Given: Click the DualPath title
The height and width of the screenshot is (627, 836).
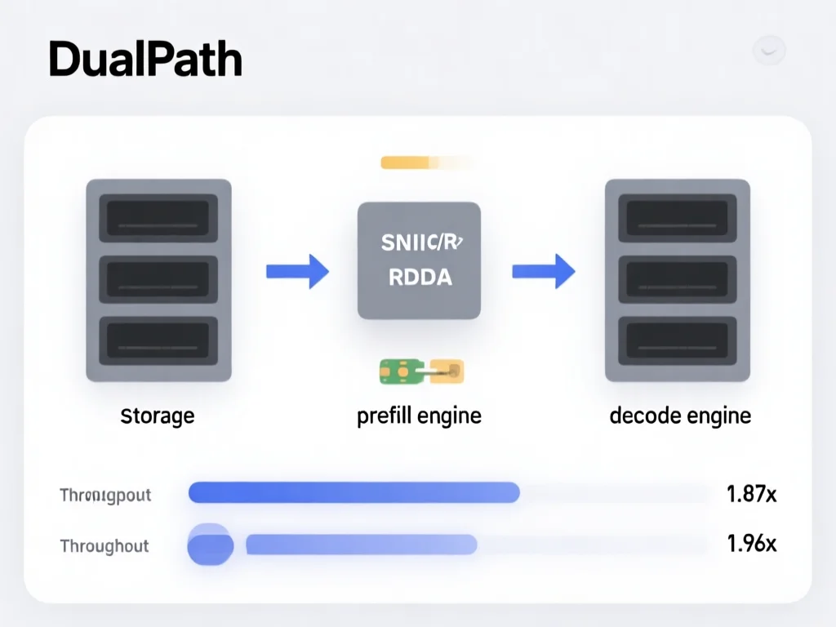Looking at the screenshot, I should pos(145,61).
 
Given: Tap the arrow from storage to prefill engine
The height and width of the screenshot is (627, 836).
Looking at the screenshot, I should pos(297,271).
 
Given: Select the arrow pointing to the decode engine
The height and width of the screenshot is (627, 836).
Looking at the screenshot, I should pos(543,271).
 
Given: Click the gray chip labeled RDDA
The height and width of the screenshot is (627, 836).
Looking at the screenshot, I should pos(419,260).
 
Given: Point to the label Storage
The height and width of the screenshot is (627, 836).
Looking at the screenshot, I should pos(158,416).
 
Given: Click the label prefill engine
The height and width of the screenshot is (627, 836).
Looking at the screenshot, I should pos(419,416).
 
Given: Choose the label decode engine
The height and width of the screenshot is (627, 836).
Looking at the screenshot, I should pos(679,416).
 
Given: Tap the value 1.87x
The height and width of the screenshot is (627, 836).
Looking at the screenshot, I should pos(751,493).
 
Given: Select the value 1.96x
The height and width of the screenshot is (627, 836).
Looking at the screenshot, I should pos(751,544).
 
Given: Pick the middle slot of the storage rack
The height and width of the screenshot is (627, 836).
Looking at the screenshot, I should pos(158,279).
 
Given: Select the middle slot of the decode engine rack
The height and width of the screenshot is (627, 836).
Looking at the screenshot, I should pos(677,279).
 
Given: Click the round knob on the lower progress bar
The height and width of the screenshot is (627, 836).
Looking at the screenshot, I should pos(211,545).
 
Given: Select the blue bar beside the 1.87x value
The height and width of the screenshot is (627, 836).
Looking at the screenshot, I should pos(354,492).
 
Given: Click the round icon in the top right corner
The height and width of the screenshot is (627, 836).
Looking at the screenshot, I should pos(768,51).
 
